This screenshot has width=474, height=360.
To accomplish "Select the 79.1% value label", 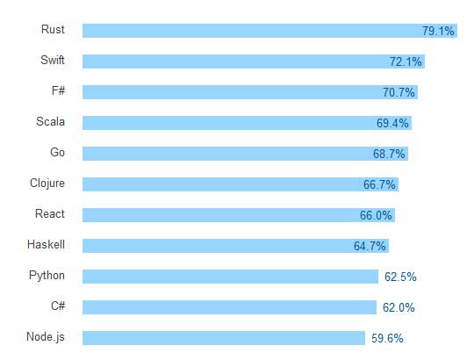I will point(438,31).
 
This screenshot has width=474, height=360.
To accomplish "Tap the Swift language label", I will point(53,61).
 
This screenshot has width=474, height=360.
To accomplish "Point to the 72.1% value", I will point(406,61).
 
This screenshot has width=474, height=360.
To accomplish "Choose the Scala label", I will point(50,122).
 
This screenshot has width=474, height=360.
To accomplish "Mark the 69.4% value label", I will point(392,123).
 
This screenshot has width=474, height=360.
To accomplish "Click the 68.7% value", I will point(389,154).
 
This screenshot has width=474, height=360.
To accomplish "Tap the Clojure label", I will point(47,184).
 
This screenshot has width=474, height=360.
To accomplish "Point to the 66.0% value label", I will point(376,215).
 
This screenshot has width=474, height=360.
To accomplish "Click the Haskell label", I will point(47,245).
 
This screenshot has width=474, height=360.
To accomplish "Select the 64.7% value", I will point(370,246).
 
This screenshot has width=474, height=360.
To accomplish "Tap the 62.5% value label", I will point(400,277).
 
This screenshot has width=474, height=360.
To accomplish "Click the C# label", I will point(57,306).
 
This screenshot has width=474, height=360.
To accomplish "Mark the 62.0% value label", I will point(399,307).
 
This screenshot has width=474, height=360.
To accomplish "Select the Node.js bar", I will point(224,338).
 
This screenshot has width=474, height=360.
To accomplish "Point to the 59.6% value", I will point(387,338).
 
